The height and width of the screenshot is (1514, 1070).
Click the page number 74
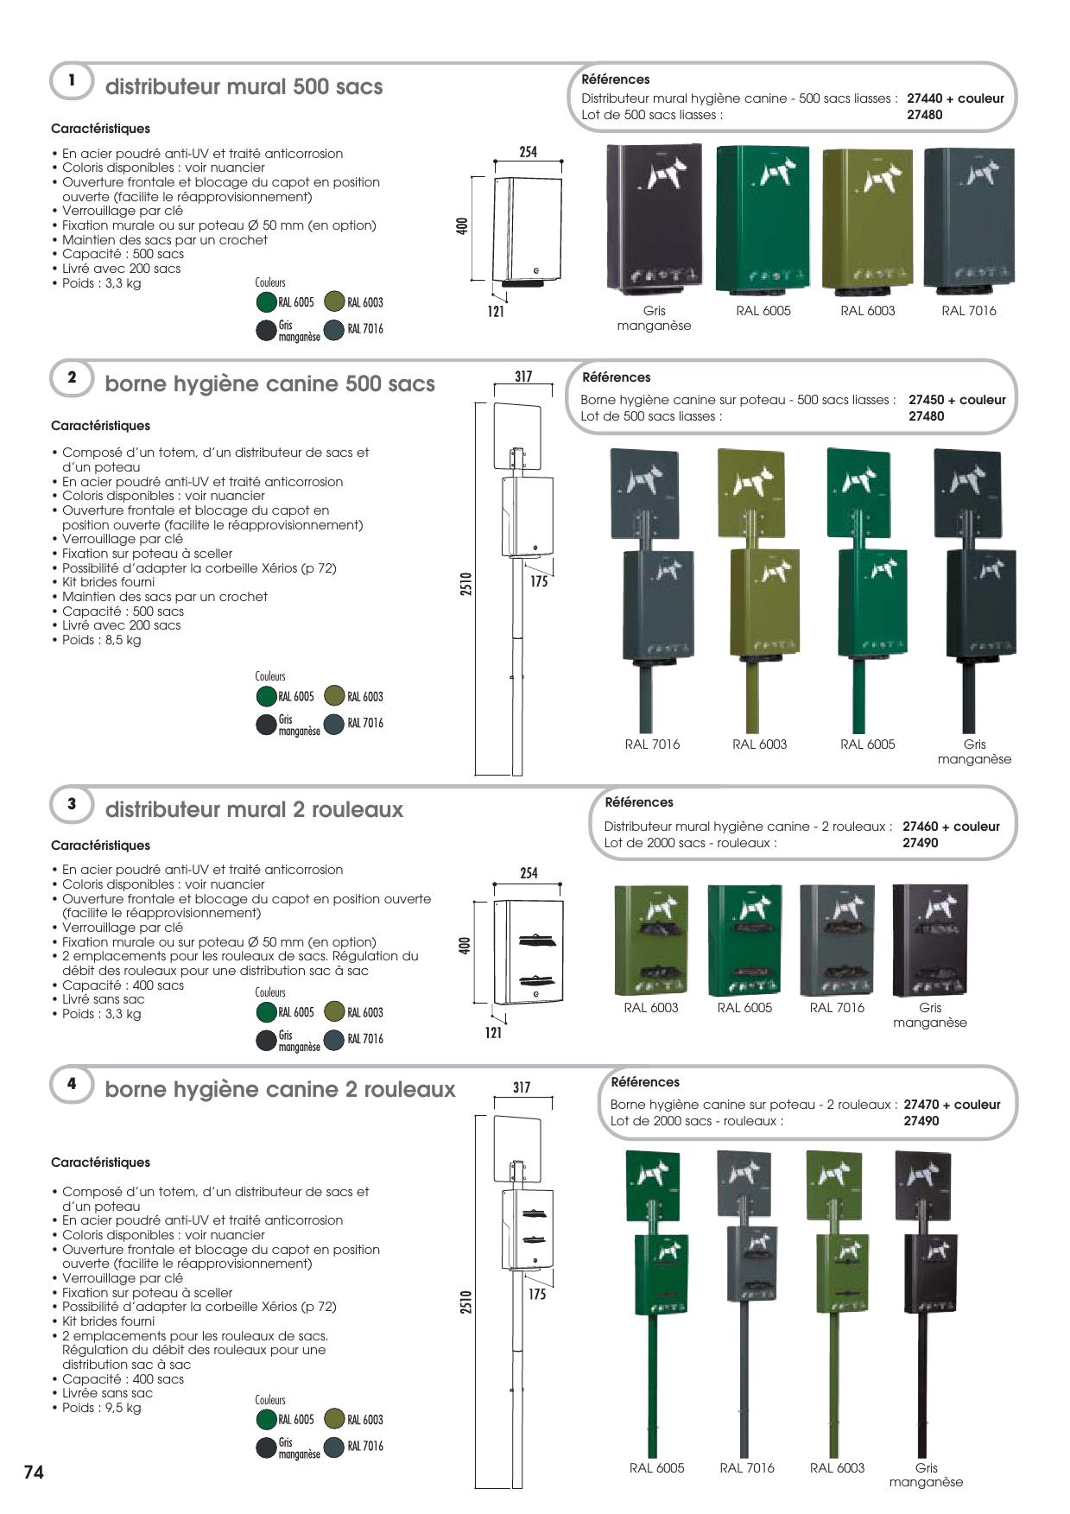(33, 1473)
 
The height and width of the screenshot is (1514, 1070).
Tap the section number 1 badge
(73, 80)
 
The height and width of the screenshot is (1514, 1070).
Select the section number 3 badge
(73, 803)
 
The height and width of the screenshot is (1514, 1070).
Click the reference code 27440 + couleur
(955, 98)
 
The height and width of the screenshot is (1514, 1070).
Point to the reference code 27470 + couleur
(952, 1105)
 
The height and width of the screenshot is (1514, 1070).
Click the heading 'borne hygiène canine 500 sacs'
(269, 383)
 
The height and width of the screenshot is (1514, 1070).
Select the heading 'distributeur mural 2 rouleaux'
(254, 809)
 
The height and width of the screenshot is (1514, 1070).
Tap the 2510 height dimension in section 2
(465, 588)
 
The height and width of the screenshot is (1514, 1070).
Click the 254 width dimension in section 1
(528, 152)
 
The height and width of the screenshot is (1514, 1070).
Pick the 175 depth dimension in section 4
(537, 1295)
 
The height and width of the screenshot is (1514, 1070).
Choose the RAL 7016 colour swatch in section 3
(334, 1039)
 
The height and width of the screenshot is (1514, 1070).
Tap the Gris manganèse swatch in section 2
(266, 724)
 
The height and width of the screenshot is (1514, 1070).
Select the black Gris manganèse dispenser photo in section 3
(929, 940)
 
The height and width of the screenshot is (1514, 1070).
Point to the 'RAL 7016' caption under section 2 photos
(652, 744)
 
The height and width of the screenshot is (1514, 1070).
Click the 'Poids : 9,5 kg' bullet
(101, 1408)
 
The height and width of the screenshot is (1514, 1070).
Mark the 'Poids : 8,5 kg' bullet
(101, 640)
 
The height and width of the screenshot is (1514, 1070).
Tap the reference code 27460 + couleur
(951, 827)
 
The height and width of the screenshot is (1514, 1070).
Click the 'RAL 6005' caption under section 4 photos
(656, 1468)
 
